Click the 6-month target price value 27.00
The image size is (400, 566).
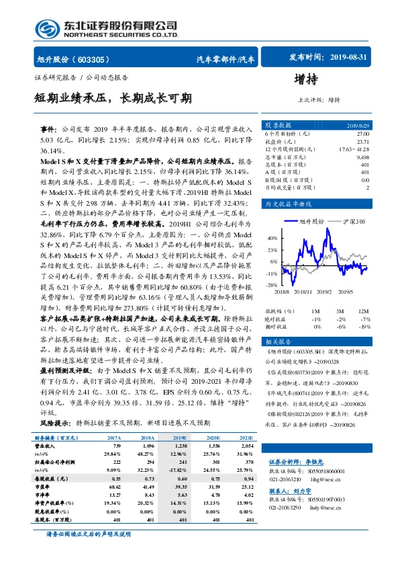pos(361,134)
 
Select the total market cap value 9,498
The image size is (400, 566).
pos(361,157)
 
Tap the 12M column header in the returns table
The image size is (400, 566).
pos(363,311)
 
